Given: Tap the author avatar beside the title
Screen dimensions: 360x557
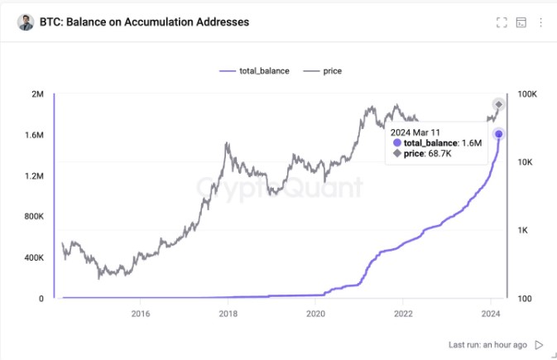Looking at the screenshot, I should (26, 22).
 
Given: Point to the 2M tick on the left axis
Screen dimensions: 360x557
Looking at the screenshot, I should (37, 94).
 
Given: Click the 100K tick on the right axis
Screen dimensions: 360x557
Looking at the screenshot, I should (526, 94).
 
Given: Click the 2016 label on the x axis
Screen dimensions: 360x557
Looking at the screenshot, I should (141, 314).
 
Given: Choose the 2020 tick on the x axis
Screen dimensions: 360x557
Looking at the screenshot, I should (316, 314).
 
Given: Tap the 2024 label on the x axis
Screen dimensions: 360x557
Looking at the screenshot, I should (491, 314).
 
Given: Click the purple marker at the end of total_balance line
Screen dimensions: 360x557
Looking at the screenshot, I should (498, 133).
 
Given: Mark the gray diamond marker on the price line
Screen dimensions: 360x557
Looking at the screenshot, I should (498, 104).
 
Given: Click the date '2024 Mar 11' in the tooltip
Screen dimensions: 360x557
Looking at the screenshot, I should (415, 131).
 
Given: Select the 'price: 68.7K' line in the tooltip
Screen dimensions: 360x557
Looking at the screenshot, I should (428, 154).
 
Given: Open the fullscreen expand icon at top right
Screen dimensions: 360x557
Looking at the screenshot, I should (501, 22).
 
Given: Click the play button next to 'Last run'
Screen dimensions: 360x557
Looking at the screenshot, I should (540, 344).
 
